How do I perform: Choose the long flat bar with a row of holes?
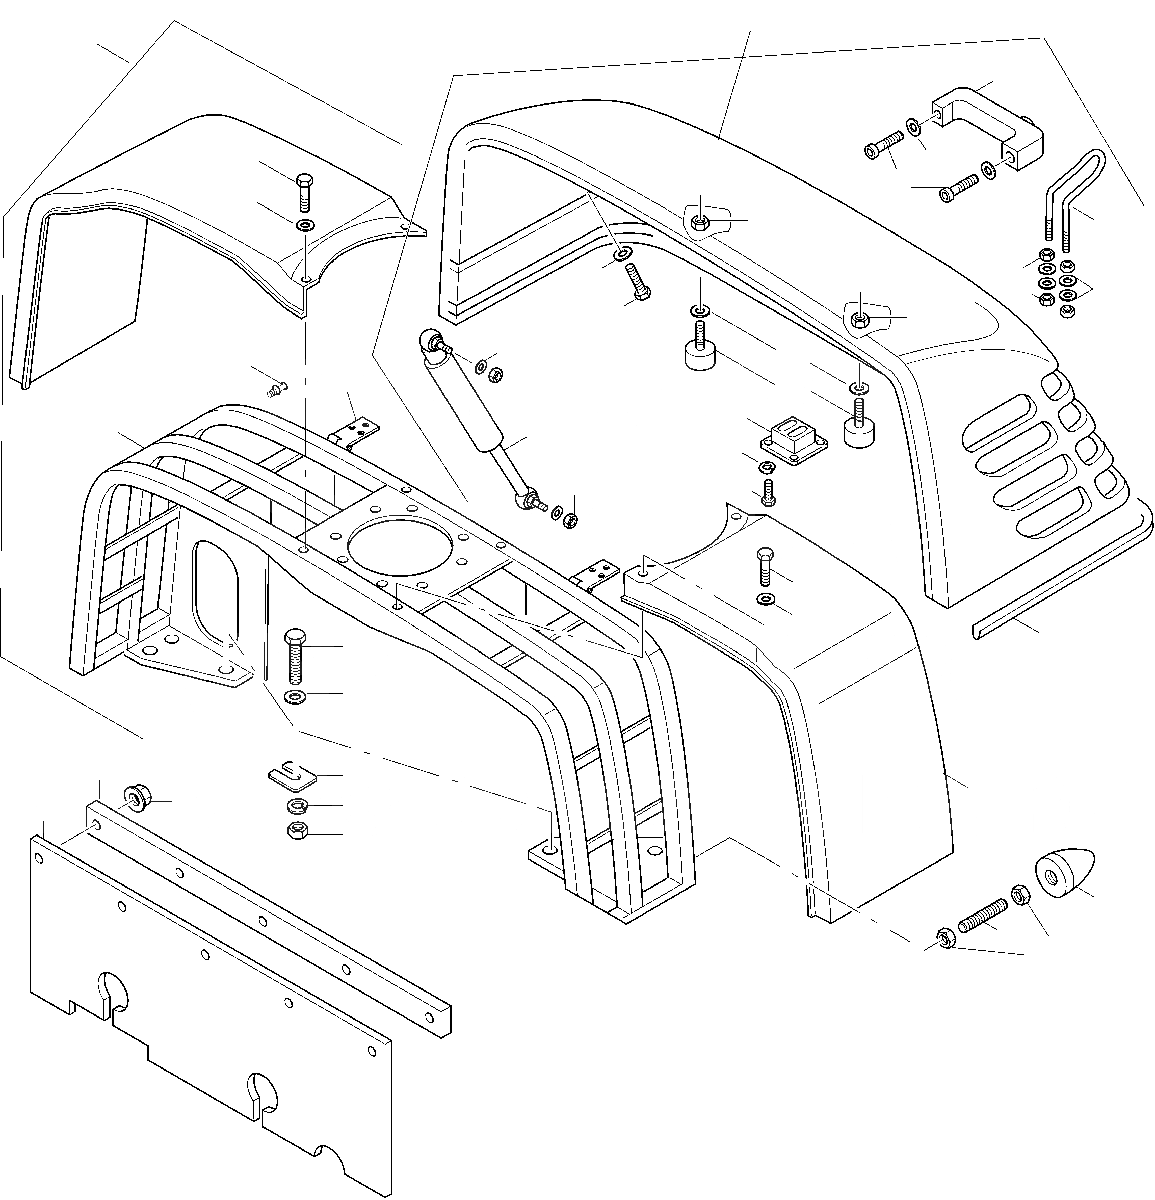point(269,918)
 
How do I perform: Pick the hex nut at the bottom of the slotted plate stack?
point(298,831)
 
